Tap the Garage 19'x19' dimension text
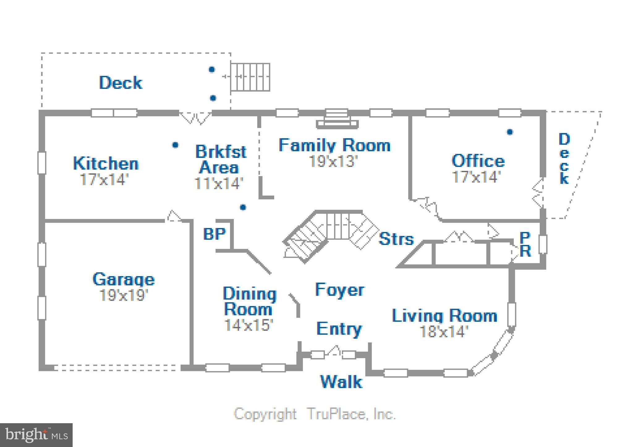pyautogui.click(x=124, y=295)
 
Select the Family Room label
pyautogui.click(x=334, y=145)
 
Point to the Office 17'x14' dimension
pyautogui.click(x=476, y=177)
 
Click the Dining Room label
pyautogui.click(x=249, y=301)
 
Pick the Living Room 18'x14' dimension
pyautogui.click(x=444, y=331)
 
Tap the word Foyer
pyautogui.click(x=340, y=290)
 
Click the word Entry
pyautogui.click(x=339, y=329)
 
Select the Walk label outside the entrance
pyautogui.click(x=341, y=382)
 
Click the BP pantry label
pyautogui.click(x=215, y=234)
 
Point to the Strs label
pyautogui.click(x=396, y=239)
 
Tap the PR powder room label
pyautogui.click(x=525, y=244)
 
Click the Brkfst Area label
pyautogui.click(x=221, y=159)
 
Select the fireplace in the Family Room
pyautogui.click(x=337, y=119)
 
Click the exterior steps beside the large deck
pyautogui.click(x=250, y=77)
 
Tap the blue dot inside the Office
pyautogui.click(x=510, y=132)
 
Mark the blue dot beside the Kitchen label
pyautogui.click(x=175, y=145)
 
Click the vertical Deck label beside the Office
pyautogui.click(x=564, y=159)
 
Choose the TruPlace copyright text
pyautogui.click(x=315, y=414)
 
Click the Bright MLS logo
pyautogui.click(x=36, y=435)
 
